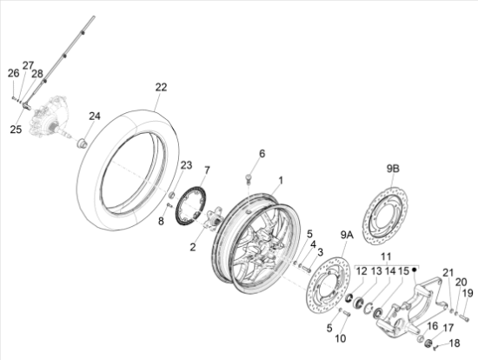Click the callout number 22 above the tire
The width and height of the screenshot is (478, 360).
[162, 87]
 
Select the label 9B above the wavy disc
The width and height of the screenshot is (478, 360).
[393, 169]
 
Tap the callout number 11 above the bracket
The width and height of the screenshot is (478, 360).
[386, 257]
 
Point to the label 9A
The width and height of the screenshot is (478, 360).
[347, 235]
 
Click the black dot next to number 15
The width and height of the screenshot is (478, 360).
[414, 270]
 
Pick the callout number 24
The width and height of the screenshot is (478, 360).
[95, 116]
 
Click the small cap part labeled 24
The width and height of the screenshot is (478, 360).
[82, 143]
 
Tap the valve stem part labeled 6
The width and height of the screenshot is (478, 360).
[249, 179]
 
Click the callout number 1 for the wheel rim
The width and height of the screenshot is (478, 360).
[281, 181]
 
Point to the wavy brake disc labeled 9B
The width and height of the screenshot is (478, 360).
[385, 214]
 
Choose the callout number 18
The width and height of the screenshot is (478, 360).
[455, 343]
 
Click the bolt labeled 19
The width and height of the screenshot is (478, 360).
[464, 318]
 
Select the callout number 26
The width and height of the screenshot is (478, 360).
[13, 73]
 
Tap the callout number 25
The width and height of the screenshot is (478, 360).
[16, 129]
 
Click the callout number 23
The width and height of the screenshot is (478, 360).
[186, 165]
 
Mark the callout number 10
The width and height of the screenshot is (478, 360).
[341, 338]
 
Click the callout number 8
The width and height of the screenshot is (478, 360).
[161, 221]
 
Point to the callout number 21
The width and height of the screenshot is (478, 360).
[448, 272]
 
